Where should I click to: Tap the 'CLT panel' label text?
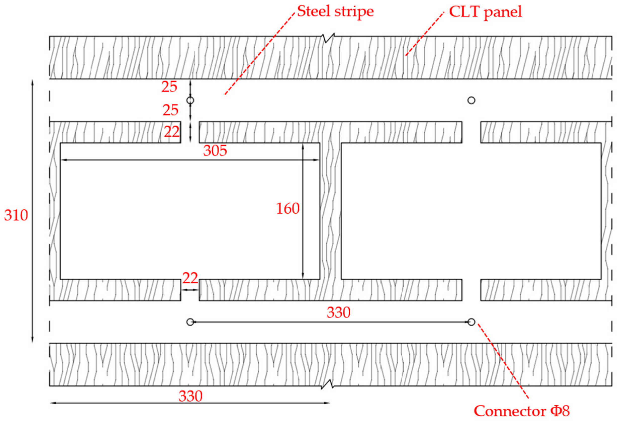click(x=486, y=12)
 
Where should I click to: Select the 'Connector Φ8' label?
click(x=522, y=411)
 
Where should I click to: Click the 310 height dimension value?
click(x=16, y=215)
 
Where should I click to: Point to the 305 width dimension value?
click(x=215, y=151)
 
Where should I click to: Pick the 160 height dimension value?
click(x=288, y=208)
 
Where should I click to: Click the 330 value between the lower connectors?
click(x=339, y=313)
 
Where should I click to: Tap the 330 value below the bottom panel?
click(x=190, y=396)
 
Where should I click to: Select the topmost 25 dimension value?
click(x=169, y=87)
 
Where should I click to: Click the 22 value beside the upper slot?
click(x=172, y=132)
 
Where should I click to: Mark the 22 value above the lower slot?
click(x=190, y=278)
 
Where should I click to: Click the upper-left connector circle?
click(x=190, y=100)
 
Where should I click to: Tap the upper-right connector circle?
click(x=471, y=100)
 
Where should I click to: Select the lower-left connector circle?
click(x=190, y=322)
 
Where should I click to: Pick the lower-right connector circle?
click(x=471, y=322)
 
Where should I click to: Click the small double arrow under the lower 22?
click(x=190, y=290)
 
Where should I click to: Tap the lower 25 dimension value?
click(x=170, y=110)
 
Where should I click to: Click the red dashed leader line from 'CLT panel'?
click(x=424, y=34)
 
